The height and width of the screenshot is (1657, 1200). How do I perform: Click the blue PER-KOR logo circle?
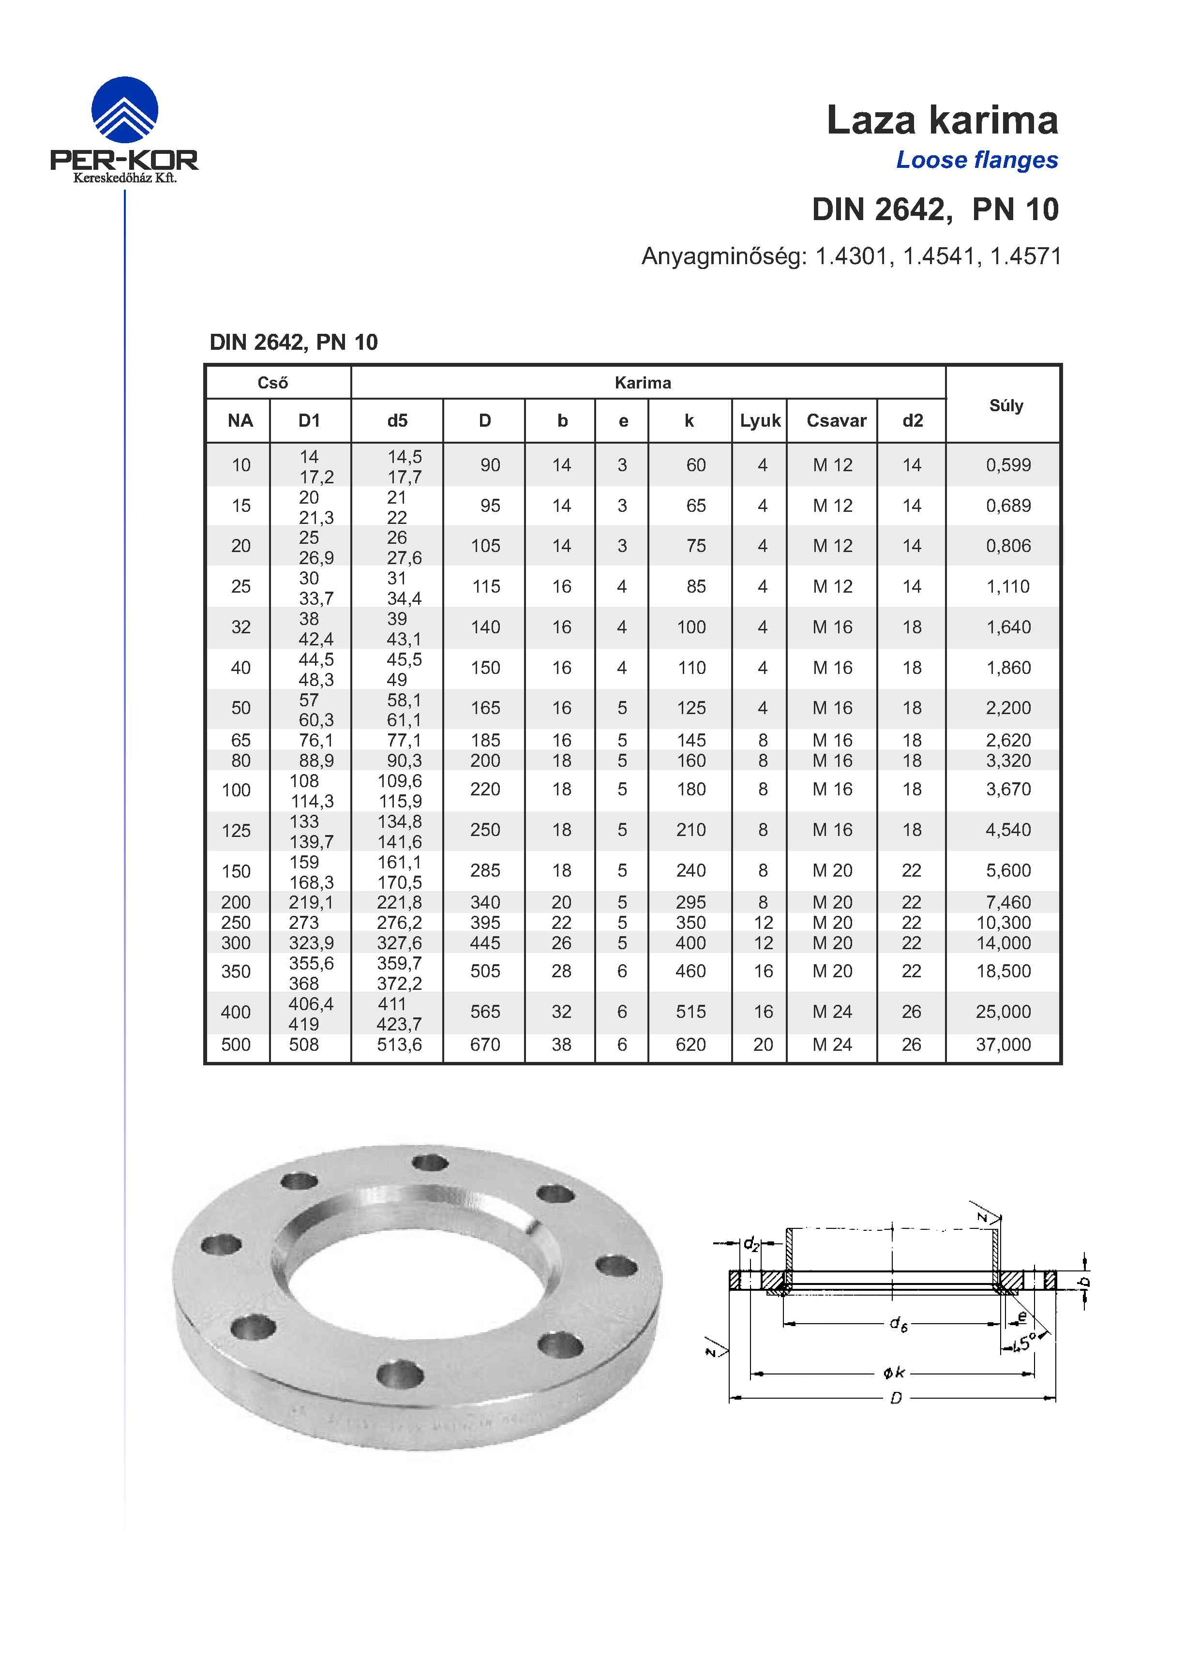(x=124, y=110)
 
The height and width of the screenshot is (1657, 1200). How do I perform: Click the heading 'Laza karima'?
(x=941, y=120)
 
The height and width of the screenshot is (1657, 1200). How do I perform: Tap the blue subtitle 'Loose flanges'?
(x=976, y=160)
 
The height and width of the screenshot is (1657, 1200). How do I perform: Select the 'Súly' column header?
(x=1005, y=405)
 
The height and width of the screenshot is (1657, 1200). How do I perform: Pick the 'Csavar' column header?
(x=836, y=421)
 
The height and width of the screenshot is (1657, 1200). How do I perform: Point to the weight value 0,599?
(x=1008, y=465)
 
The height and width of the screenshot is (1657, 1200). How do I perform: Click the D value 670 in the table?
(x=484, y=1045)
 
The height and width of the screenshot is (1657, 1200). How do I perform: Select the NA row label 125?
(x=236, y=831)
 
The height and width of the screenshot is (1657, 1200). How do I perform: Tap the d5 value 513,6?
(x=399, y=1045)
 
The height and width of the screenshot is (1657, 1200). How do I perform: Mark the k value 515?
(x=690, y=1012)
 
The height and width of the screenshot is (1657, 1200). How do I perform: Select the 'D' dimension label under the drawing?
(x=895, y=1398)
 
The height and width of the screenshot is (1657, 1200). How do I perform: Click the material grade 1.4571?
(x=1025, y=256)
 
